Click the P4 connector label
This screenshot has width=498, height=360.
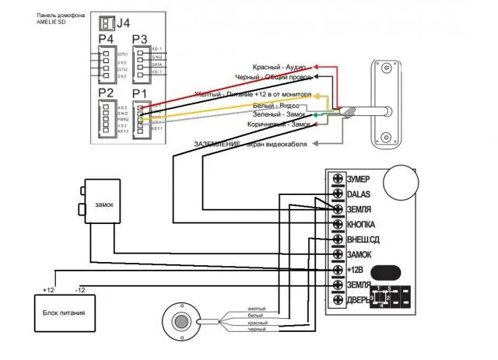107,40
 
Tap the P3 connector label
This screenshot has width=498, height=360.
139,40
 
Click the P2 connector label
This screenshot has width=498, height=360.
107,94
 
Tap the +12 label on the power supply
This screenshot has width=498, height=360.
48,289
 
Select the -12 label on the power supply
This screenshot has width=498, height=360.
80,289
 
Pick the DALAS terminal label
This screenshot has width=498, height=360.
359,194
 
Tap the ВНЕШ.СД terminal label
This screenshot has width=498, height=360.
363,239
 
